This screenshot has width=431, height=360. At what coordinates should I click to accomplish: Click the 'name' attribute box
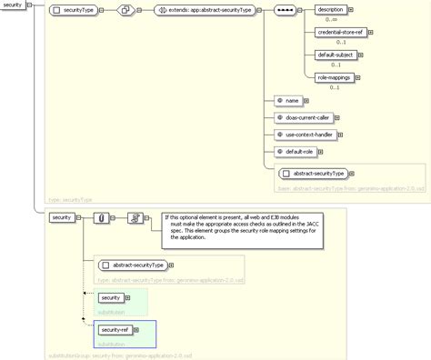[x=288, y=100]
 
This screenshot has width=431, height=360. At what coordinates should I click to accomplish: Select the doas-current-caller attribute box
[x=304, y=117]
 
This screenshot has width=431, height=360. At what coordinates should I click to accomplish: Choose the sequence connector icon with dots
[x=285, y=11]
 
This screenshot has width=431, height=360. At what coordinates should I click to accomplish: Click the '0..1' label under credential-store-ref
[x=340, y=43]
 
